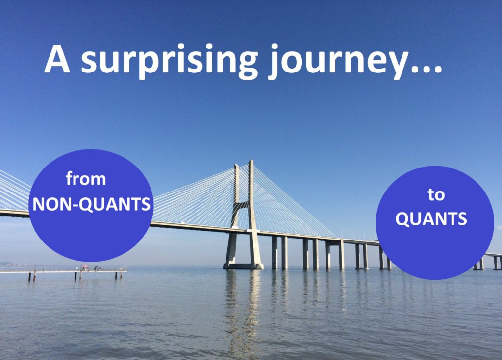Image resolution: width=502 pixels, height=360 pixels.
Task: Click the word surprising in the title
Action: click(x=169, y=61)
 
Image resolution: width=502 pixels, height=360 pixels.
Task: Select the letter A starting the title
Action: click(x=57, y=60)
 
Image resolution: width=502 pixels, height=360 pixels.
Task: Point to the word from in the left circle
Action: click(x=86, y=178)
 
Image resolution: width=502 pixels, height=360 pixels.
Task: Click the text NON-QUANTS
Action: click(x=92, y=204)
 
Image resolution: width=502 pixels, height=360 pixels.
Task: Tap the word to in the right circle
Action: click(x=436, y=194)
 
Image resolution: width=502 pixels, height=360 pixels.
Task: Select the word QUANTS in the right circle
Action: click(x=431, y=219)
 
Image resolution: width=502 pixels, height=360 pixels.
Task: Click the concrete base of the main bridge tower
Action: click(x=243, y=266)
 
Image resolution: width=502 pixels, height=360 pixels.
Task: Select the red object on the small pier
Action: click(x=85, y=267)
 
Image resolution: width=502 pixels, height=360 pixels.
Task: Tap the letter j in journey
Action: click(x=274, y=62)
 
